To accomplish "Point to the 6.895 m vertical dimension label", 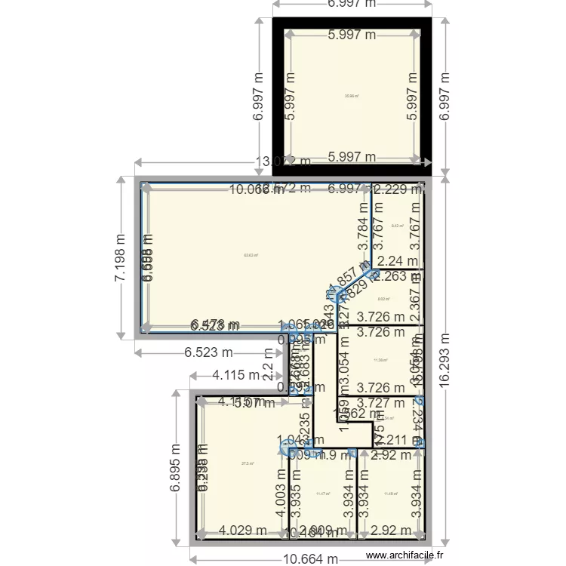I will (175, 467).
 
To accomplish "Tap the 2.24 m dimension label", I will (397, 260).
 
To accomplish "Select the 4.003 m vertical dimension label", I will (281, 491).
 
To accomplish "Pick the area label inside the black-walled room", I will (352, 96).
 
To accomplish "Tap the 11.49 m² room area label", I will (390, 494).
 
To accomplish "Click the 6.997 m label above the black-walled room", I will (351, 4).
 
